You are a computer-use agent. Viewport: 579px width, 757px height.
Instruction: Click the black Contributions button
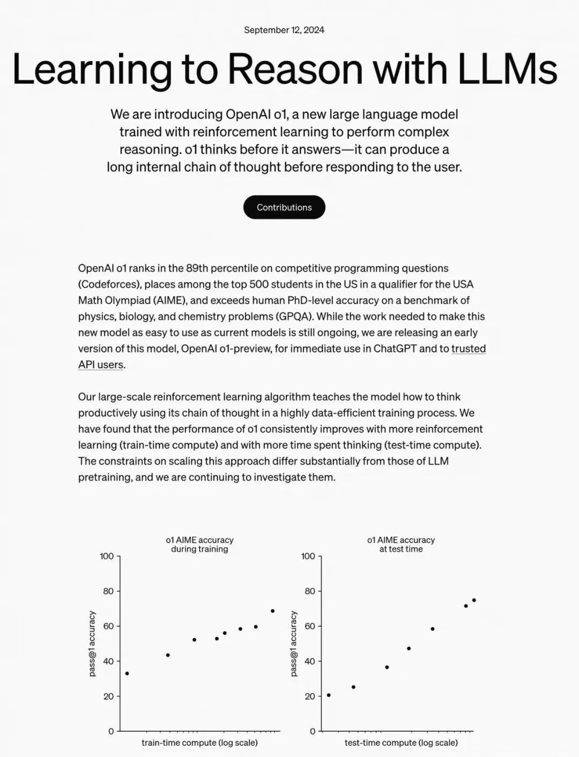tap(284, 207)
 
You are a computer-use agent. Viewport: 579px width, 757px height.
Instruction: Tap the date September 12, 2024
tap(284, 30)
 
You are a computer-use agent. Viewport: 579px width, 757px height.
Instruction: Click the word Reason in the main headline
tap(295, 70)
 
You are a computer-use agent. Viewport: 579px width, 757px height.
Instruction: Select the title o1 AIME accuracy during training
tap(199, 544)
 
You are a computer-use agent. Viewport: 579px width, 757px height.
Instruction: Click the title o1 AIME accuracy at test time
tap(401, 544)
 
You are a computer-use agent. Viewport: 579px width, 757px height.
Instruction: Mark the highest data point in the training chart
tap(272, 611)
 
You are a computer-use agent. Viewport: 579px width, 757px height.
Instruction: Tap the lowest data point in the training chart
tap(127, 673)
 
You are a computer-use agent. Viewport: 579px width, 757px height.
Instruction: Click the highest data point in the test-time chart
tap(474, 600)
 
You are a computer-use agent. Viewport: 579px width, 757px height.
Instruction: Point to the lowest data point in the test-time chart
tap(329, 695)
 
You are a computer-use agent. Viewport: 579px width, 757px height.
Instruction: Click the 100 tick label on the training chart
tap(107, 556)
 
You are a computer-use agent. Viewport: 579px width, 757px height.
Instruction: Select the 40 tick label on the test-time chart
tap(309, 661)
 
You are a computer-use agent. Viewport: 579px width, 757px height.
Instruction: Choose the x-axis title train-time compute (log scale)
tap(199, 743)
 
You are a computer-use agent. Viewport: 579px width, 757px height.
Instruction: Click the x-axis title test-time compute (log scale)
tap(401, 743)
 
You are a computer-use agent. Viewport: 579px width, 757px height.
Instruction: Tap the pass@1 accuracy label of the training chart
tap(92, 643)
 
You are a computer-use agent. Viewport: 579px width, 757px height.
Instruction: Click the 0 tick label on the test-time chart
tap(313, 731)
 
